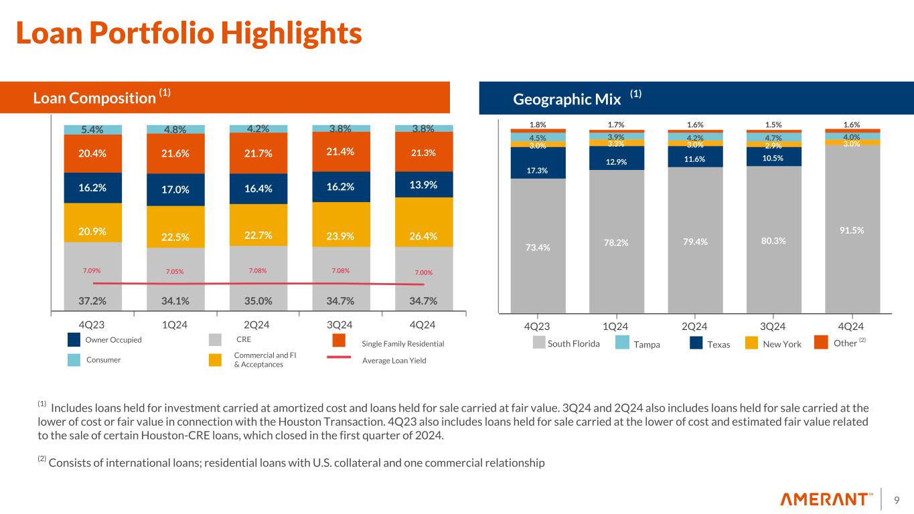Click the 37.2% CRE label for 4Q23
(x=92, y=301)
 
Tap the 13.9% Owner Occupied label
(x=424, y=184)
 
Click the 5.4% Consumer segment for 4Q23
(x=92, y=129)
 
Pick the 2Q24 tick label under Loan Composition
(x=258, y=326)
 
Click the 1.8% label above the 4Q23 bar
(x=538, y=124)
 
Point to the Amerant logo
(x=827, y=499)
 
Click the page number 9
(x=896, y=499)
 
